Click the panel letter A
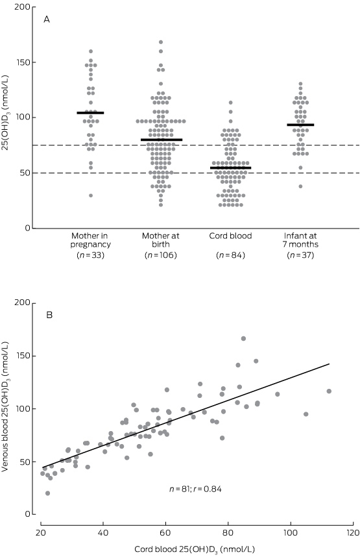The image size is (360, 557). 47,19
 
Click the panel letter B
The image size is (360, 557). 50,315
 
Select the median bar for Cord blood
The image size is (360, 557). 230,167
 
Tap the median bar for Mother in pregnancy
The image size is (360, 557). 91,113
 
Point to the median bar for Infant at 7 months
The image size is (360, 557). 300,125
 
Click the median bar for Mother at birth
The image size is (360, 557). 161,140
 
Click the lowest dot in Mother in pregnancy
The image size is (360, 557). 91,195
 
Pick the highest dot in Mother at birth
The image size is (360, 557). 161,42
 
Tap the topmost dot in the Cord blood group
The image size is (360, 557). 230,103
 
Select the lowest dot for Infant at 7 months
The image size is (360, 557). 300,186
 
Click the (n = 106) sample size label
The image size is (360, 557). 161,255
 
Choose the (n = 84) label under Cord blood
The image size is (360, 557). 230,255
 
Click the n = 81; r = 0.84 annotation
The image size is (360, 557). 195,489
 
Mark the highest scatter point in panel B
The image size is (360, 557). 243,338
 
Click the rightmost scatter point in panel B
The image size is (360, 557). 329,391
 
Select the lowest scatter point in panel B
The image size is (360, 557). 47,493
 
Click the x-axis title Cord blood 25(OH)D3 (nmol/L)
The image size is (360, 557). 195,549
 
